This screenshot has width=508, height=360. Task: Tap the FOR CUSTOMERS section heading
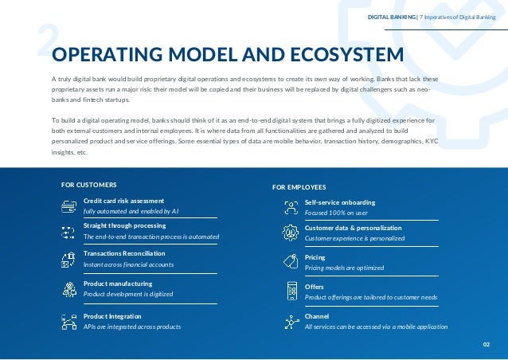click(x=89, y=184)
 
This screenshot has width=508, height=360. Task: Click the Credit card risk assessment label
click(x=123, y=201)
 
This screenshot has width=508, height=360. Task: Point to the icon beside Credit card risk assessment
click(x=68, y=205)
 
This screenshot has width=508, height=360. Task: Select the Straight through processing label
click(x=124, y=225)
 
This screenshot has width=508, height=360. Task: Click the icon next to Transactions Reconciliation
click(x=68, y=259)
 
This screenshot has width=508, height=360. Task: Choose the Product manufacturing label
click(x=118, y=284)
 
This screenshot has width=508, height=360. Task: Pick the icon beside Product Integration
click(x=68, y=321)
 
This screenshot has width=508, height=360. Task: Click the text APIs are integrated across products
click(x=132, y=327)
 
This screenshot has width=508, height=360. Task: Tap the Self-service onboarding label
click(x=340, y=202)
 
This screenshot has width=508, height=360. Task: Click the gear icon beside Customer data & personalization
click(x=291, y=233)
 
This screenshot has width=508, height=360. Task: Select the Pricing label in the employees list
click(x=315, y=258)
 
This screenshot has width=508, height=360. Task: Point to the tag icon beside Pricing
click(x=291, y=260)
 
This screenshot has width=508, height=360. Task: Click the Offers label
click(x=314, y=287)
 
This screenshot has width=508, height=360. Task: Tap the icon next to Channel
click(x=291, y=321)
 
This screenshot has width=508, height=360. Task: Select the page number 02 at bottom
click(x=487, y=344)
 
